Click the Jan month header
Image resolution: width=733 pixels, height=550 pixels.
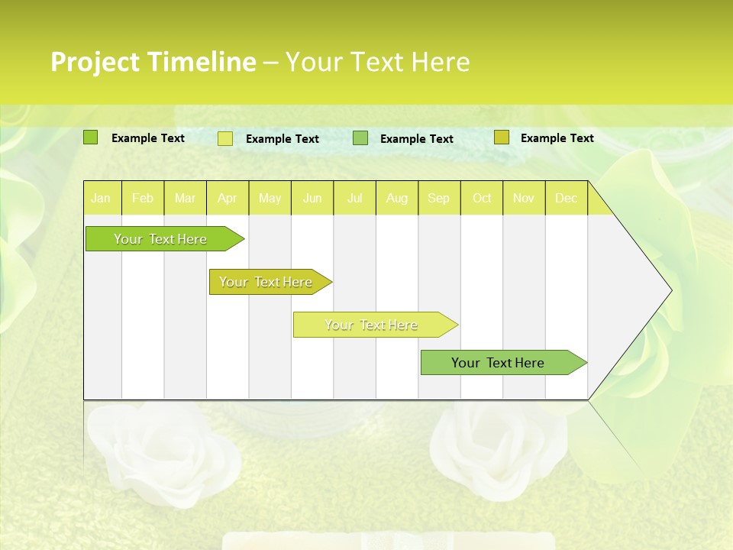click(x=101, y=199)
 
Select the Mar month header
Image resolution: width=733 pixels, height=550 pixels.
click(x=185, y=199)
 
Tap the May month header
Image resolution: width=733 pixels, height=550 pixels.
click(x=270, y=199)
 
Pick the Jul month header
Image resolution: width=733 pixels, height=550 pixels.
click(x=354, y=199)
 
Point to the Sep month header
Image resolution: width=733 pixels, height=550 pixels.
click(x=438, y=199)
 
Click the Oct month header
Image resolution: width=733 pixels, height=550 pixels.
click(x=482, y=199)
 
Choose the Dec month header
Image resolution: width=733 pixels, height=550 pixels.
click(x=566, y=199)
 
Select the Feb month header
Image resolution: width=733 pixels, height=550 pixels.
click(x=143, y=199)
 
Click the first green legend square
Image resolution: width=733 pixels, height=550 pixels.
click(x=91, y=137)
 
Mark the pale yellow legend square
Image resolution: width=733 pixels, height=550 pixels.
click(x=225, y=138)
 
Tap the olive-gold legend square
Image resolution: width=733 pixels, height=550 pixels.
click(x=501, y=137)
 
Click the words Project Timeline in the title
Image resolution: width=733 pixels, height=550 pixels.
click(x=153, y=62)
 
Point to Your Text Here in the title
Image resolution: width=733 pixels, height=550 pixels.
click(x=377, y=62)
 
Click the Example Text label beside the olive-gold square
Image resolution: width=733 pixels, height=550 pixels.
click(x=557, y=138)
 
